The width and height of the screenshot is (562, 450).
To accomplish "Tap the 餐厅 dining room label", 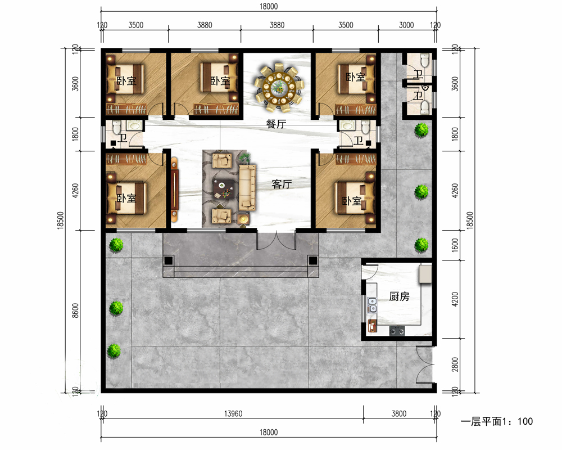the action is [276, 124].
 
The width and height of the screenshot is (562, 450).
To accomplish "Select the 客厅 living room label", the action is [282, 184].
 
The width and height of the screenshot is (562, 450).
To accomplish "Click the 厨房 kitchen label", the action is [399, 296].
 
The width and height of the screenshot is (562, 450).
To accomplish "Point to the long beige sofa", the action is [247, 187].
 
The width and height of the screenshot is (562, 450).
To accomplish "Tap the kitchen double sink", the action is [373, 305].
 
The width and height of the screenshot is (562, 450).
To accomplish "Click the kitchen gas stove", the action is [397, 331].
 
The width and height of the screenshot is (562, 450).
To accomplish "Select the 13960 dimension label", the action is [233, 414].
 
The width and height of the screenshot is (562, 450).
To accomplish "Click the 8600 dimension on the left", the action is [75, 310].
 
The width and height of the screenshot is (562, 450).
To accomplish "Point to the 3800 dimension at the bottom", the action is [399, 414].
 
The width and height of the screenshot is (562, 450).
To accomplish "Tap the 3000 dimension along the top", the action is [406, 25].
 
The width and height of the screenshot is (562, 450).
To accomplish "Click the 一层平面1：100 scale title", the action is [497, 421].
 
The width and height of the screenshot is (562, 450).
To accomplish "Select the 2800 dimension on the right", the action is [455, 364].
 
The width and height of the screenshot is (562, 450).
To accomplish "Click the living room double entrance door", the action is [277, 241].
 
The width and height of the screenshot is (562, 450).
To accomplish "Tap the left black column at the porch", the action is [169, 260].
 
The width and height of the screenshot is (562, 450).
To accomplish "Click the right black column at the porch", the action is [313, 260].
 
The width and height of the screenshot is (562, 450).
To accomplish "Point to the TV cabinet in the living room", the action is [175, 189].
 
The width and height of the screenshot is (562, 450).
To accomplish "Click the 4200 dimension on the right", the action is [455, 299].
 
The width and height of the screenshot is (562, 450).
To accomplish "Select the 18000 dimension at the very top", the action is [269, 6].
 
